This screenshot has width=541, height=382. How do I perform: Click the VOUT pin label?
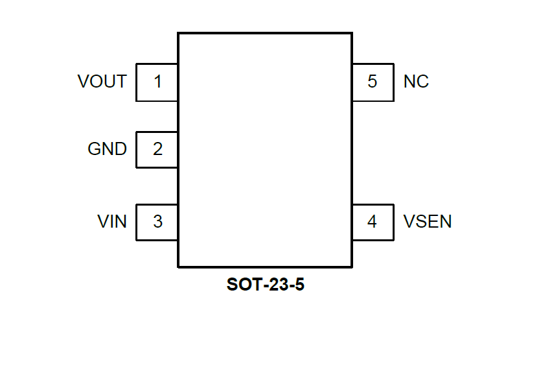pos(102,82)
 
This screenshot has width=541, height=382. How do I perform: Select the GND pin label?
pos(108,149)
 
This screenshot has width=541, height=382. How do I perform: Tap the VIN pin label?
pos(112,222)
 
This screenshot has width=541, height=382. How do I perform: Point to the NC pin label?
pos(416,82)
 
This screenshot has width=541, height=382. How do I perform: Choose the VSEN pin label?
pos(428,222)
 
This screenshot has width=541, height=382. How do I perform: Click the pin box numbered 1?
pos(157,82)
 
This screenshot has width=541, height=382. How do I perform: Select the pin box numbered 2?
pos(157,149)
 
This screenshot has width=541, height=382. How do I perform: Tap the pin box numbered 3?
pos(157,222)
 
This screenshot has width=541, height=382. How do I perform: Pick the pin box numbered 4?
pos(373,222)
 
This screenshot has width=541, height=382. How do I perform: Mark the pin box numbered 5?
pos(373,82)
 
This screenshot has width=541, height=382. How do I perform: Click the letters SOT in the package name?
pos(242,285)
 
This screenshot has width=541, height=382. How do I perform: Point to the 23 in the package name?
pos(274,285)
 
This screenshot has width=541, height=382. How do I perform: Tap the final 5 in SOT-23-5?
pos(299,285)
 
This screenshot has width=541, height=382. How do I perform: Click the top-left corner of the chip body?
pos(178,33)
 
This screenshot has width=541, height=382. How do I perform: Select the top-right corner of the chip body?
pos(352,33)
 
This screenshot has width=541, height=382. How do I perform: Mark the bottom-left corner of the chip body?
pos(178,266)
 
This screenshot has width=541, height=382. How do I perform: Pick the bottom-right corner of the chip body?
pos(352,266)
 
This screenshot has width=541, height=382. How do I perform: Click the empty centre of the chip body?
pos(265,149)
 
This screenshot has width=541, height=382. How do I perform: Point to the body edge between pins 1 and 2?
pos(178,117)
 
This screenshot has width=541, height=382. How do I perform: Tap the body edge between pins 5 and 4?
pos(352,152)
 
